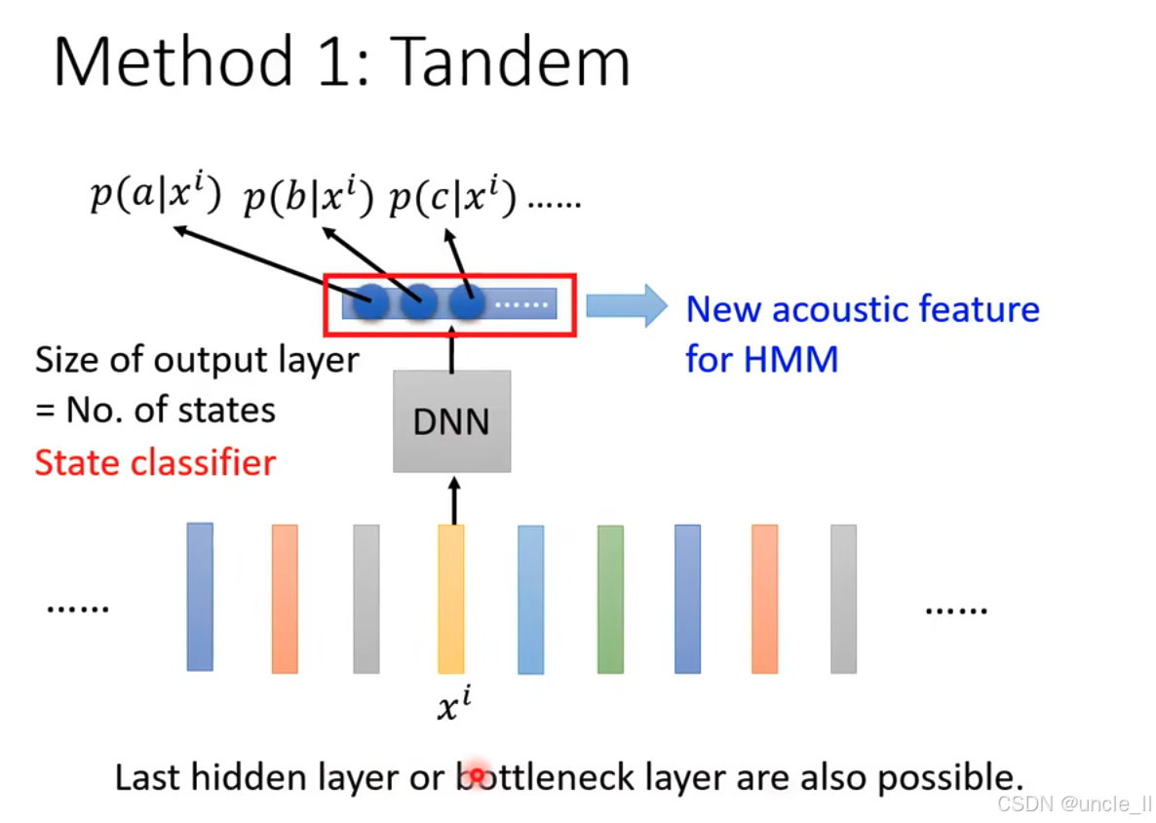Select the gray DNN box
pos(451,421)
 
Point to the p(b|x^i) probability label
pos(308,197)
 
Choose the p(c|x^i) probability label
pos(452,197)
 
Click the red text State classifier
pos(155,462)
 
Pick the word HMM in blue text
pos(790,359)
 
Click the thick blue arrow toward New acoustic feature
pos(625,304)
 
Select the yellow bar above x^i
pos(450,598)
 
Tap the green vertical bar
pos(610,599)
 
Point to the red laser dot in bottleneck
pos(477,776)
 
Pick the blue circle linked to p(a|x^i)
pos(371,302)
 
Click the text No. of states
pos(170,410)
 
